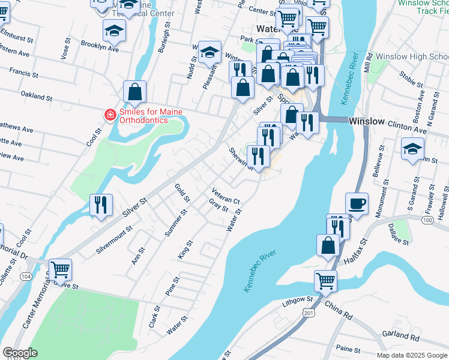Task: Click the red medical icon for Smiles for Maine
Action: [110, 115]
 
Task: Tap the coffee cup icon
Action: [357, 203]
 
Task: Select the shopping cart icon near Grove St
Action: [60, 269]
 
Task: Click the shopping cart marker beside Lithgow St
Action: [325, 280]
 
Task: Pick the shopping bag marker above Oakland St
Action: [135, 92]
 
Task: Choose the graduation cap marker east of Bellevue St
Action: [412, 149]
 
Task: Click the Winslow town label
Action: [366, 121]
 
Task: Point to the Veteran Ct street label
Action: [225, 196]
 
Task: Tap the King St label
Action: [185, 250]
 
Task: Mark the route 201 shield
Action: [309, 313]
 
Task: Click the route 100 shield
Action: [427, 220]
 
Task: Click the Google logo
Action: [20, 353]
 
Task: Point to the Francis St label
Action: [23, 76]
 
